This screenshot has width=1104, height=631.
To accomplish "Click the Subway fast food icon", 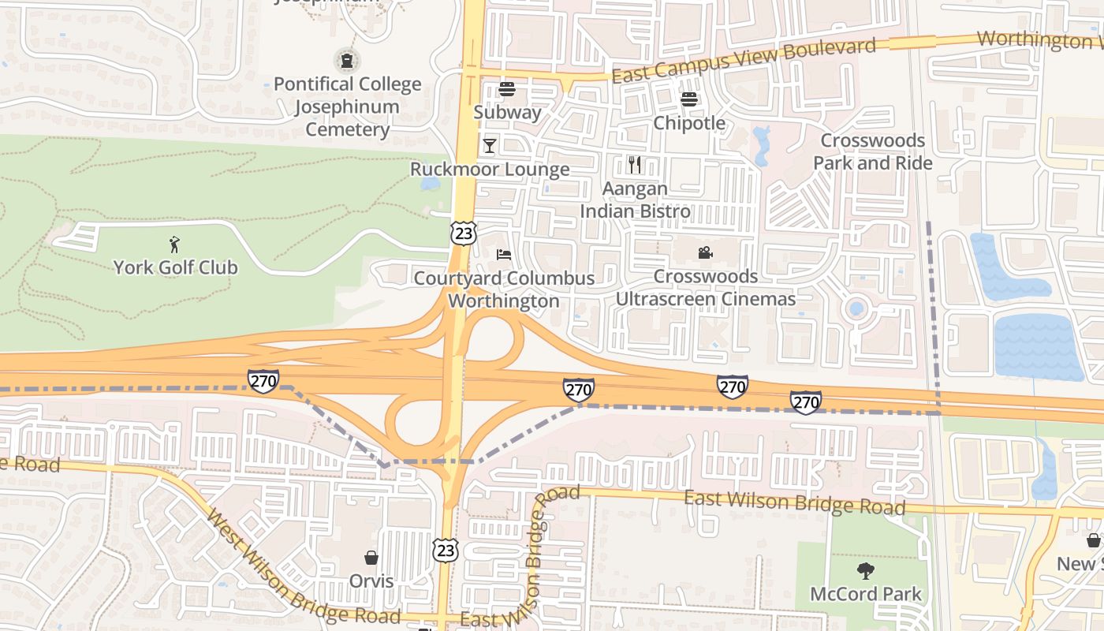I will [506, 88].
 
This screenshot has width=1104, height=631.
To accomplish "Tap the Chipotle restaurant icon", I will [689, 99].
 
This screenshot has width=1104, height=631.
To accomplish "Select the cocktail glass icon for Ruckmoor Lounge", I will [490, 145].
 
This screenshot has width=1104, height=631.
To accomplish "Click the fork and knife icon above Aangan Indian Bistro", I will [635, 164].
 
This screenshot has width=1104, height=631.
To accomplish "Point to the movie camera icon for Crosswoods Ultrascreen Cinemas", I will [705, 252].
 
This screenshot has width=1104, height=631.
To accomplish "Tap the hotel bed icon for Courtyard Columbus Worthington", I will [504, 254].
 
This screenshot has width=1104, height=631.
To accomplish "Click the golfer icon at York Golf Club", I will [174, 245].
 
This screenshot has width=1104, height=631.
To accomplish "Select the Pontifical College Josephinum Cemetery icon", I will [346, 59].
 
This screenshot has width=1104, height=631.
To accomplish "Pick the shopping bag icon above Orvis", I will [371, 558].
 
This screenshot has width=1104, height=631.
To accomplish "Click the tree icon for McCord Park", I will [866, 570].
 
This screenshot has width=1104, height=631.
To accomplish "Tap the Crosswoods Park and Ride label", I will [873, 151].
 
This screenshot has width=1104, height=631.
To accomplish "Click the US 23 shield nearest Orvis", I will [446, 550].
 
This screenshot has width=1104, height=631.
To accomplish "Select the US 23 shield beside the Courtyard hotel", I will [464, 232].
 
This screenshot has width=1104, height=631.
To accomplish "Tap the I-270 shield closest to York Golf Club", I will [263, 381].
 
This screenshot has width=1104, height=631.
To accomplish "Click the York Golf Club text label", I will [175, 267].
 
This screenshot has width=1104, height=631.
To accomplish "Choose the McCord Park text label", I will [866, 594].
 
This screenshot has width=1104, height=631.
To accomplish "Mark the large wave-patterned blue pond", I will [1038, 346].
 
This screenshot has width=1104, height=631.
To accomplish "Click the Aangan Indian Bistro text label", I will [635, 200].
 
